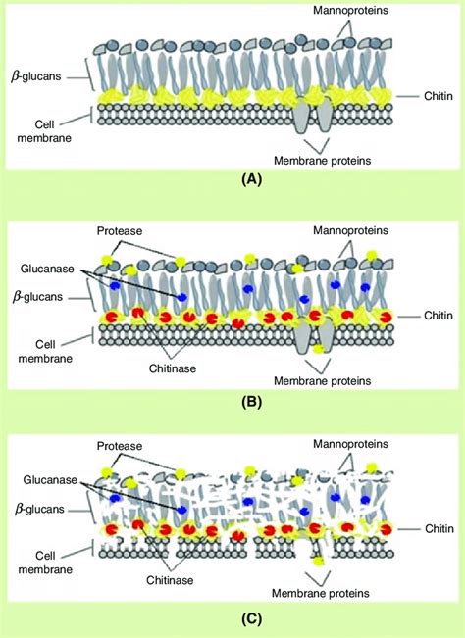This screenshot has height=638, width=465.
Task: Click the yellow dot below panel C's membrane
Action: (x=320, y=563)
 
